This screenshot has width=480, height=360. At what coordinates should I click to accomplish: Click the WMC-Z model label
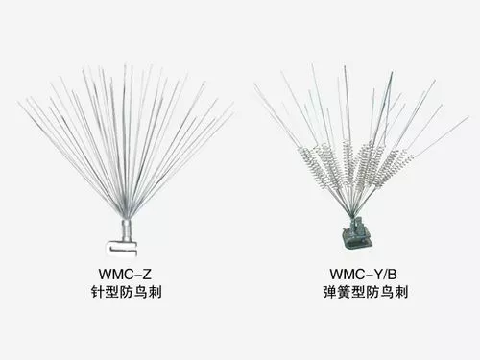click(125, 275)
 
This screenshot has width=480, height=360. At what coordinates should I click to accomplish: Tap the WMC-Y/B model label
click(364, 275)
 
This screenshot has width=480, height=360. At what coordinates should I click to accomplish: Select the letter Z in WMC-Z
click(147, 275)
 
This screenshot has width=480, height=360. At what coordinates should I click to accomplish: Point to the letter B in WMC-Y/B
click(393, 275)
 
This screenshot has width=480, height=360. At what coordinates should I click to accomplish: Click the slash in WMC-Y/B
click(384, 275)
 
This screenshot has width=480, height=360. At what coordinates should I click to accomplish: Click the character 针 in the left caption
click(98, 292)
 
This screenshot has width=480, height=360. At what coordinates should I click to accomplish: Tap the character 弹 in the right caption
click(330, 292)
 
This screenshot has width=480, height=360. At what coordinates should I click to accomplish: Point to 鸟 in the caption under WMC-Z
click(140, 292)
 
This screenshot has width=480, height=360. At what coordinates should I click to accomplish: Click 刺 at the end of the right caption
click(400, 292)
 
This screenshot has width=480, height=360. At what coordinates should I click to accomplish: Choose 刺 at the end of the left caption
click(155, 292)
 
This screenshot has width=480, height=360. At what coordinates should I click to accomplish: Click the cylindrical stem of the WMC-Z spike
click(127, 229)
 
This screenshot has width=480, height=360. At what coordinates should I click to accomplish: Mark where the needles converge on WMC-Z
click(127, 217)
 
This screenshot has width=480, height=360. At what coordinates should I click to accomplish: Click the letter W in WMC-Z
click(105, 275)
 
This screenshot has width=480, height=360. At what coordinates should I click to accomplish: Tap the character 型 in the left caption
click(112, 292)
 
